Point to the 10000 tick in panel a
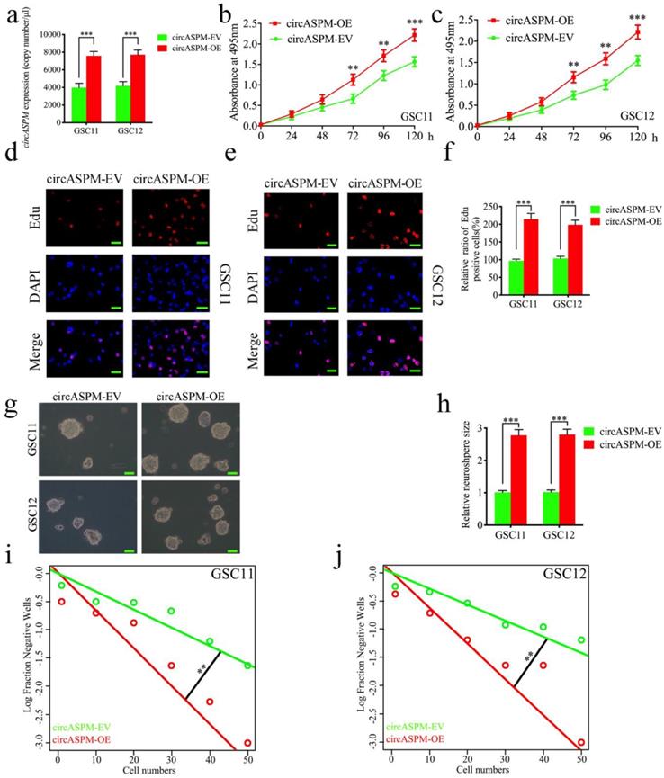[49, 35]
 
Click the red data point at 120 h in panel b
[414, 34]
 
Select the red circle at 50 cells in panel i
[247, 743]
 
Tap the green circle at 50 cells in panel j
[581, 639]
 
